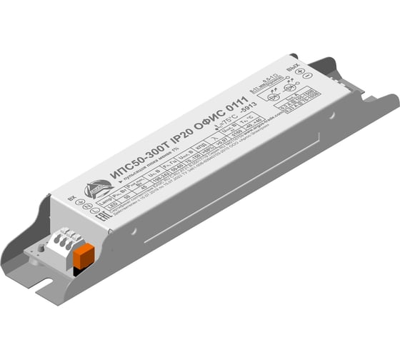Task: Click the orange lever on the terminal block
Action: (84, 255)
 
